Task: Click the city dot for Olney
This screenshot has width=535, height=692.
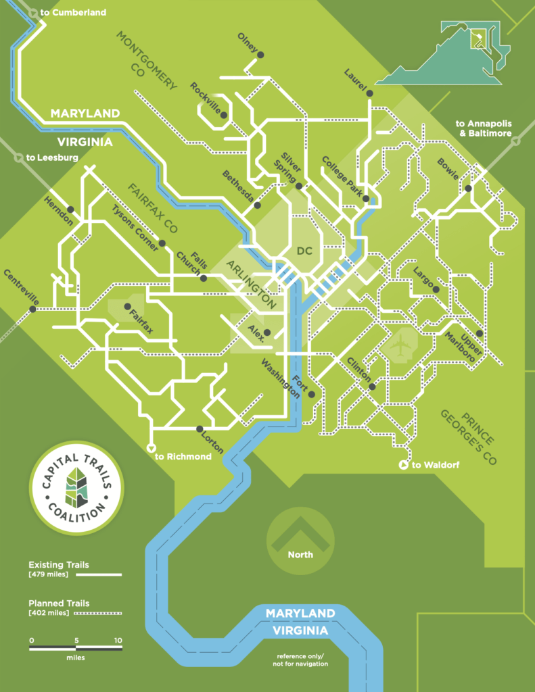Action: pyautogui.click(x=260, y=55)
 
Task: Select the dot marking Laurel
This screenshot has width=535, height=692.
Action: pyautogui.click(x=370, y=94)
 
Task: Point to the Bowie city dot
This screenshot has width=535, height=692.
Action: pyautogui.click(x=468, y=189)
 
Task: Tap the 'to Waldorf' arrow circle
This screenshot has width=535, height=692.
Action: pyautogui.click(x=404, y=464)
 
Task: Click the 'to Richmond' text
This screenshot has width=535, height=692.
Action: pyautogui.click(x=183, y=457)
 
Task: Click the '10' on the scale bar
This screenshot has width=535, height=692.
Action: pyautogui.click(x=118, y=641)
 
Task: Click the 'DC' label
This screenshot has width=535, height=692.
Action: pyautogui.click(x=306, y=251)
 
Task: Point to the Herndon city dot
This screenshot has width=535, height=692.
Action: pyautogui.click(x=70, y=209)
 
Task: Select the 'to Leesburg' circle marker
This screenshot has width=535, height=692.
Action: pyautogui.click(x=18, y=157)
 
